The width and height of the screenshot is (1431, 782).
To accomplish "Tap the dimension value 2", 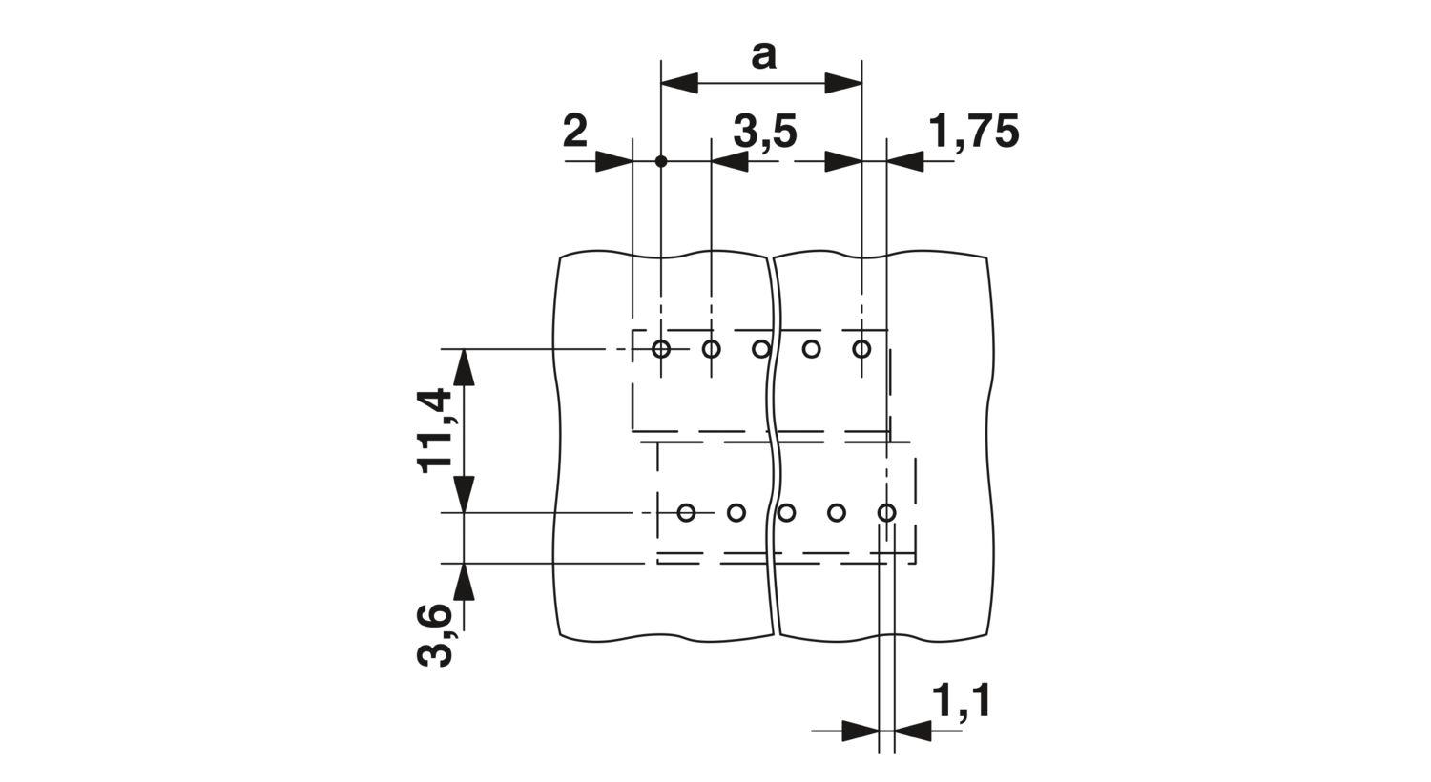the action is click(575, 133).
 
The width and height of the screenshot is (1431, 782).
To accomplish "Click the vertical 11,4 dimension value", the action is click(434, 432).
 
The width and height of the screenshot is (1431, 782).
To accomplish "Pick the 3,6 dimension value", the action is click(434, 636).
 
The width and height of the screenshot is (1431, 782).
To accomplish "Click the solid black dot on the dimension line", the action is click(661, 161).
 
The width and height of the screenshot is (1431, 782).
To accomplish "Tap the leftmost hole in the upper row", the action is click(661, 349).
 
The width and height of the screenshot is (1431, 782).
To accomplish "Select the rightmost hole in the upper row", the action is click(861, 349).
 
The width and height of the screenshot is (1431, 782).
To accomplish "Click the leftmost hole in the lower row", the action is click(686, 512).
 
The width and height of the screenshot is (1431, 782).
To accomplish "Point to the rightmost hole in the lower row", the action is click(886, 512).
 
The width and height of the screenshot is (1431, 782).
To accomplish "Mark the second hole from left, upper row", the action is click(711, 349).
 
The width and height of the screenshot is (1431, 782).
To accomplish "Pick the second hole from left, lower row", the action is click(736, 512).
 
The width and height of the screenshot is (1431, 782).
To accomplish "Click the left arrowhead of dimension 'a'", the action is click(679, 83).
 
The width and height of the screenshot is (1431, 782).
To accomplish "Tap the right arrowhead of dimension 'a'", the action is click(843, 83).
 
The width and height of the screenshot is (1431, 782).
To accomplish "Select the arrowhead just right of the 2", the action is click(613, 161).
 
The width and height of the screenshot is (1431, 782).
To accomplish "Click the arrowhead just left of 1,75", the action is click(905, 161).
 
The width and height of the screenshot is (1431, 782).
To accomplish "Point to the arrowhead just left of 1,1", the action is click(860, 731).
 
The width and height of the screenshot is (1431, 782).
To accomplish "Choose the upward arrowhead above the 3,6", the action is click(465, 582).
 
